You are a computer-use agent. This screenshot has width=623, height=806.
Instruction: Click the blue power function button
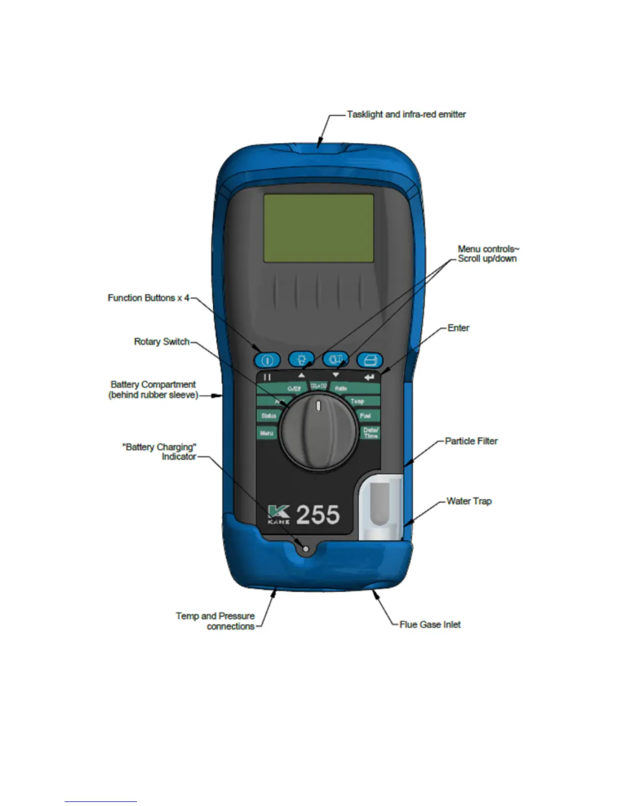(x=267, y=360)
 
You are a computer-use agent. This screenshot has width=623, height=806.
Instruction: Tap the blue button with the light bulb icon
(x=301, y=359)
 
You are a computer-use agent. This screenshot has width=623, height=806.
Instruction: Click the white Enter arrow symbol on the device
(x=369, y=377)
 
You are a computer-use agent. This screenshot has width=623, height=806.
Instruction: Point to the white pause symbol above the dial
(x=267, y=377)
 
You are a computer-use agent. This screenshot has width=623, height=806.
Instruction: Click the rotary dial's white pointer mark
(x=319, y=406)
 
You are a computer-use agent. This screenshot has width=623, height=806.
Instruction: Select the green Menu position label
(x=267, y=433)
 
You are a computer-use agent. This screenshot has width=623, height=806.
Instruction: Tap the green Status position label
(x=268, y=416)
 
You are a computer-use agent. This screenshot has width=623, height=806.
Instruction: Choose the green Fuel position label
(x=365, y=416)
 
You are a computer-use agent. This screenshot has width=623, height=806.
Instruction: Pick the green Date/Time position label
(x=371, y=433)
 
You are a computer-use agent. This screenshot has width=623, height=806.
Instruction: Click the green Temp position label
(x=358, y=401)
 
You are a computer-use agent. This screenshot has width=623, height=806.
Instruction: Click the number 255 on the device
(x=318, y=514)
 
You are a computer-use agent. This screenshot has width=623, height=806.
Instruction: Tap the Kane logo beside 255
(x=279, y=514)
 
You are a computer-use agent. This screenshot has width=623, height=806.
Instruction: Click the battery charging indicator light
(x=305, y=549)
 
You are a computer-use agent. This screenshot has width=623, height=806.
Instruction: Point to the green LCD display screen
(x=319, y=228)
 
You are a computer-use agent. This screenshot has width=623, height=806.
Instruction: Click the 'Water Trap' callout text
(x=469, y=501)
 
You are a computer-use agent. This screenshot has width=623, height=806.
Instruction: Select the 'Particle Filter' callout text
(x=471, y=441)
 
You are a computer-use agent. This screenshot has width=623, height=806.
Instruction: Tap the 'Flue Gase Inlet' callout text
(x=430, y=624)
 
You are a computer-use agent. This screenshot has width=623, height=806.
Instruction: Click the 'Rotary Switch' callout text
(x=161, y=341)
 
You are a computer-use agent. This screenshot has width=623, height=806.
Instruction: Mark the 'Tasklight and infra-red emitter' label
(x=406, y=114)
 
